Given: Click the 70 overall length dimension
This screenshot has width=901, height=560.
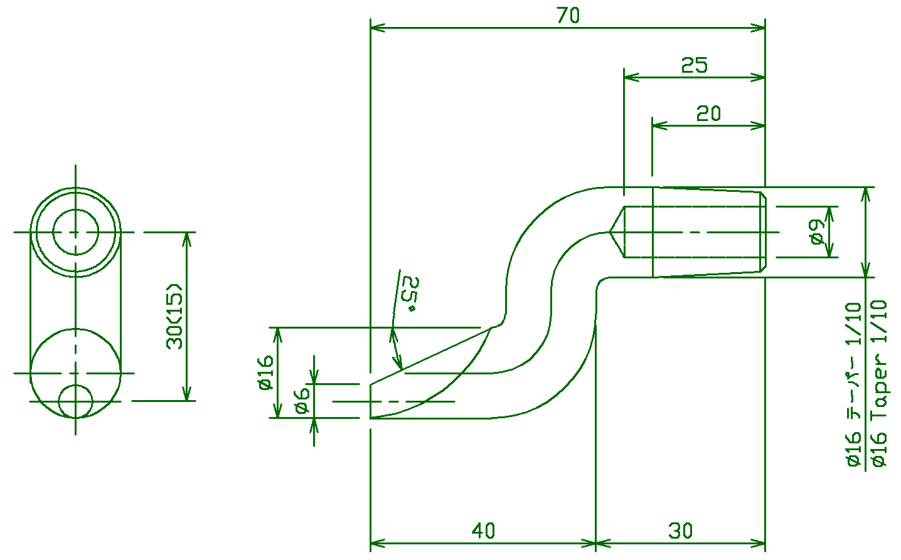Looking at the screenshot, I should point(568,16).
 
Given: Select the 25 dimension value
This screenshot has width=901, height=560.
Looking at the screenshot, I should point(695,65).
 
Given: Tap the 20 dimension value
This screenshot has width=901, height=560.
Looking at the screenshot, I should point(708,114).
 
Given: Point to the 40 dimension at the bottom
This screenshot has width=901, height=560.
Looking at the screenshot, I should point(483,531).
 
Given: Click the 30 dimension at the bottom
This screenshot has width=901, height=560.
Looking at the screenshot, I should point(680,531).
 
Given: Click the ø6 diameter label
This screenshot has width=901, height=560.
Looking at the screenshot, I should point(302,400).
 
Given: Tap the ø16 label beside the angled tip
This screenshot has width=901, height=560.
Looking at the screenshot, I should point(266,372).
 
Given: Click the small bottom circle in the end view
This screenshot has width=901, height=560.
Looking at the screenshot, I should point(75,401).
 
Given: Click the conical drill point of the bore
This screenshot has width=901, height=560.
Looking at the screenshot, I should point(616,232).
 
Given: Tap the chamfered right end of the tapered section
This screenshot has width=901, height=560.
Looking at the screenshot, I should point(764,232).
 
